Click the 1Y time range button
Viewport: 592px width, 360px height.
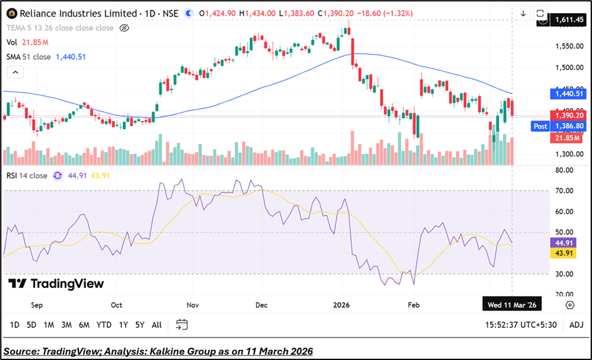pyautogui.click(x=123, y=325)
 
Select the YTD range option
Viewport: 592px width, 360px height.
pyautogui.click(x=104, y=325)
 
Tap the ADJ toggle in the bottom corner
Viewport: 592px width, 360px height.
pyautogui.click(x=576, y=325)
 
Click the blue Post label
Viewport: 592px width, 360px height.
pyautogui.click(x=540, y=126)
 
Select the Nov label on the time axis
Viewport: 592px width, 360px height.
pyautogui.click(x=193, y=305)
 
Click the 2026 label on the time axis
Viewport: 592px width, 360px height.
pyautogui.click(x=342, y=305)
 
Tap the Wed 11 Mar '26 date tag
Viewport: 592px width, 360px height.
pyautogui.click(x=512, y=305)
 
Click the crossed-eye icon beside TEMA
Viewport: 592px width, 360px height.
pyautogui.click(x=124, y=28)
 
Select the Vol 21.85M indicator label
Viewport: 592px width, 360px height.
pyautogui.click(x=28, y=42)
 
